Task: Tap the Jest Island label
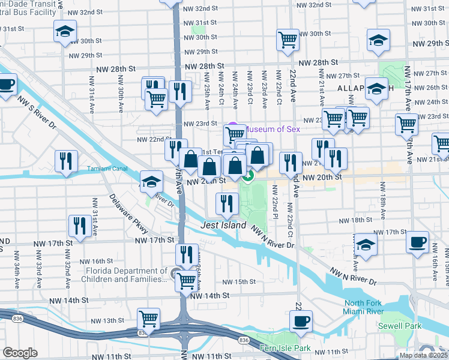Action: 223,225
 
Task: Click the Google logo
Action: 20,353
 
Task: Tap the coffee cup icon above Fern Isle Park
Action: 301,320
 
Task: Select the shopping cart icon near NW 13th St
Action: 148,319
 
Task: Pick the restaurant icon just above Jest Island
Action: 226,204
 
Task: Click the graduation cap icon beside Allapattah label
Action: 377,89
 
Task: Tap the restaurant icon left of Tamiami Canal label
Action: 66,161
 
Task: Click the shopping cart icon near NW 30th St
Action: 288,40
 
